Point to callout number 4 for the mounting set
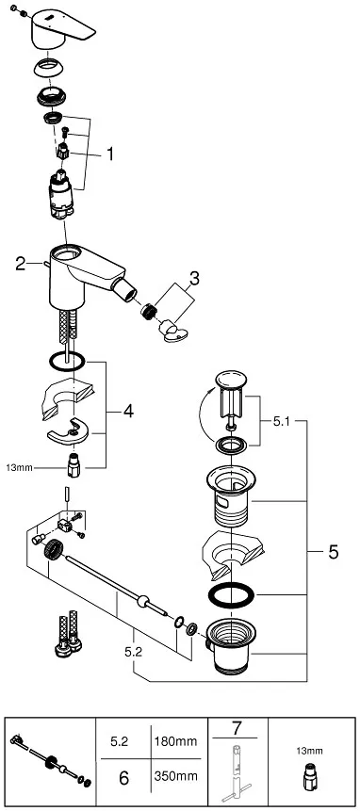point(128,411)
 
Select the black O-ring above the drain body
point(229,595)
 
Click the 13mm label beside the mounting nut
point(20,466)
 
